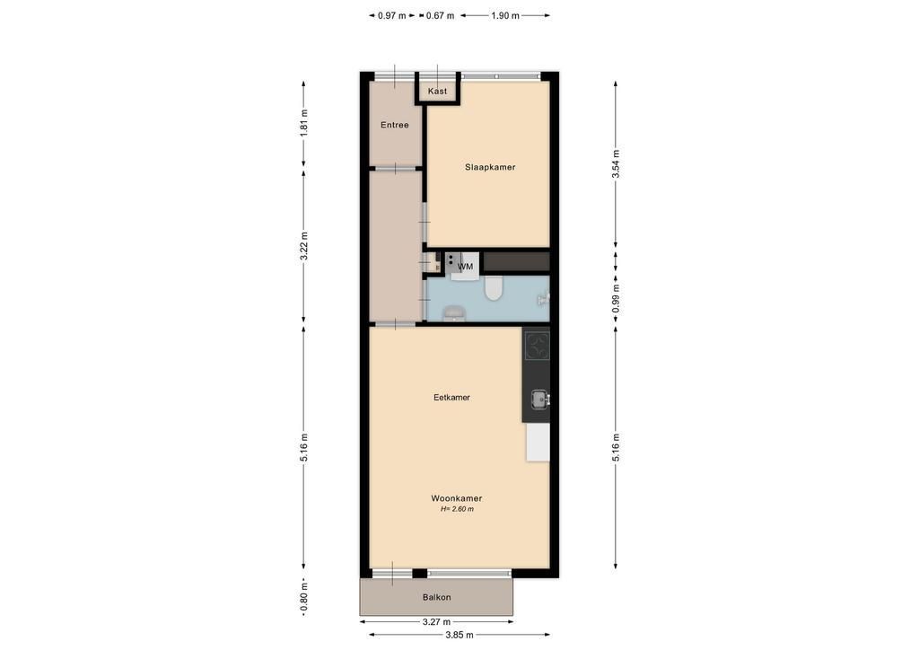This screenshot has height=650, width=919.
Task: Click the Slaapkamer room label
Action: point(490,167)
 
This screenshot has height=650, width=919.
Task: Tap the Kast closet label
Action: point(437,91)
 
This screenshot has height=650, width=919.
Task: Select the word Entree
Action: point(395,125)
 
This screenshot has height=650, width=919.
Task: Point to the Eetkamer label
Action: point(451,398)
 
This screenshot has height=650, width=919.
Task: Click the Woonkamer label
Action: point(457,498)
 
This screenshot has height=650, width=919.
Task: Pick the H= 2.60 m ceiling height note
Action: point(457,509)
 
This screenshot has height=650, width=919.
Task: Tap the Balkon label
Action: point(437,597)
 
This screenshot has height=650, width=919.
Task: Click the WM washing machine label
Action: point(466,267)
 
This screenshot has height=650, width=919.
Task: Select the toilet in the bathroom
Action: point(494,288)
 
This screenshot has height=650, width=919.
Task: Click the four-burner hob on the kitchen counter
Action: point(537,346)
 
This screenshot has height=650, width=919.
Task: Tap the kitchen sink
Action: point(539,400)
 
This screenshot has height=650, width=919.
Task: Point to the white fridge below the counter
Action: point(538,442)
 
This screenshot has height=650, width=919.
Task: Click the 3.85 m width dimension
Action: point(459,635)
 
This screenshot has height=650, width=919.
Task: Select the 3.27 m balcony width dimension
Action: point(437,622)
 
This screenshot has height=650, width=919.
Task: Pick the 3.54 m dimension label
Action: point(616,164)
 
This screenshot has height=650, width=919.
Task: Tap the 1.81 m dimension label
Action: point(303,123)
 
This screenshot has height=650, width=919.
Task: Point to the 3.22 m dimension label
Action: point(303,247)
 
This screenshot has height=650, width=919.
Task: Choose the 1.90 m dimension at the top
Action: point(505,16)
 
